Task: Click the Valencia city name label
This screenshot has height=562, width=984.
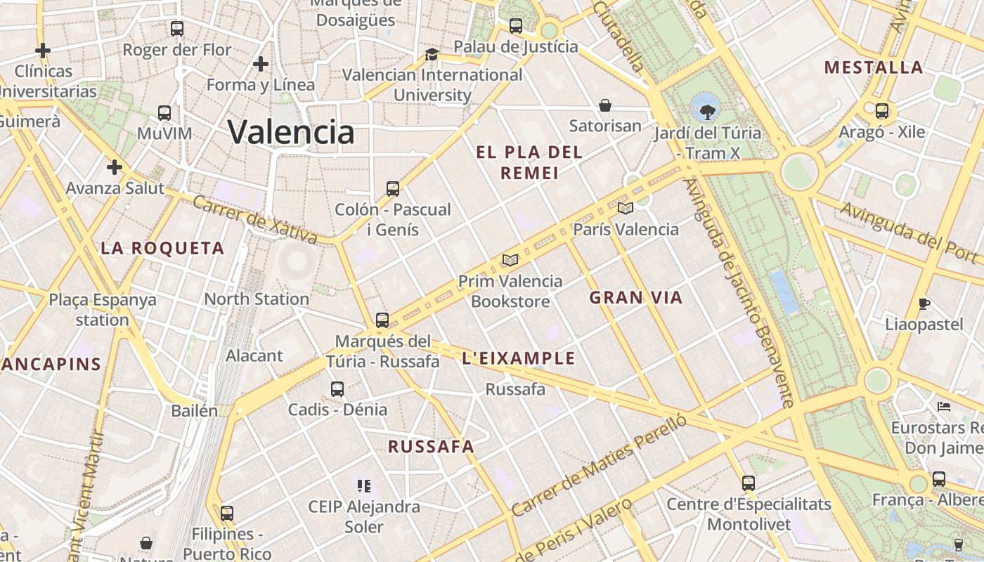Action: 291,131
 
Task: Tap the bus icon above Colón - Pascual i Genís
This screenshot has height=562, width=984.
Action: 393,188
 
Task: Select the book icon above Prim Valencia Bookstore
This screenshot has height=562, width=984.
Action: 510,261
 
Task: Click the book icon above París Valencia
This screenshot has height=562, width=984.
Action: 625,208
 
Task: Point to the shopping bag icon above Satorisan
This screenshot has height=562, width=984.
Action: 604,105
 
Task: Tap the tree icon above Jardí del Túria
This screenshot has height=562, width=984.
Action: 707,111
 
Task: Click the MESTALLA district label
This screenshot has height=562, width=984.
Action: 874,67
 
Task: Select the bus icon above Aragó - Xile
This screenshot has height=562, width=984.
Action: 882,110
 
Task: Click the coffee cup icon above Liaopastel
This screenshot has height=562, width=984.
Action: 924,303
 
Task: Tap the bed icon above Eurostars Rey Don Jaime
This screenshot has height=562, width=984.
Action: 944,406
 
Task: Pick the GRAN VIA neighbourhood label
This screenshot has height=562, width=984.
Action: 636,298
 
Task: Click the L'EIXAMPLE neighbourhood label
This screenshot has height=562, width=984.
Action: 519,359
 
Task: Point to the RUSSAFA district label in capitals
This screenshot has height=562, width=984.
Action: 431,447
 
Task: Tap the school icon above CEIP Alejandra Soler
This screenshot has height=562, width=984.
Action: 363,485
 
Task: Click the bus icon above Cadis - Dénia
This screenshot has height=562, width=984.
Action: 337,388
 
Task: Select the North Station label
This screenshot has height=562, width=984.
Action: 257,299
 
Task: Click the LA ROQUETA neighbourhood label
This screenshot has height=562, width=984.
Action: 162,248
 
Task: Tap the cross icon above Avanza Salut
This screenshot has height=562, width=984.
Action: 115,167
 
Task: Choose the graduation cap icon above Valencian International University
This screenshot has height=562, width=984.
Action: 432,54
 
